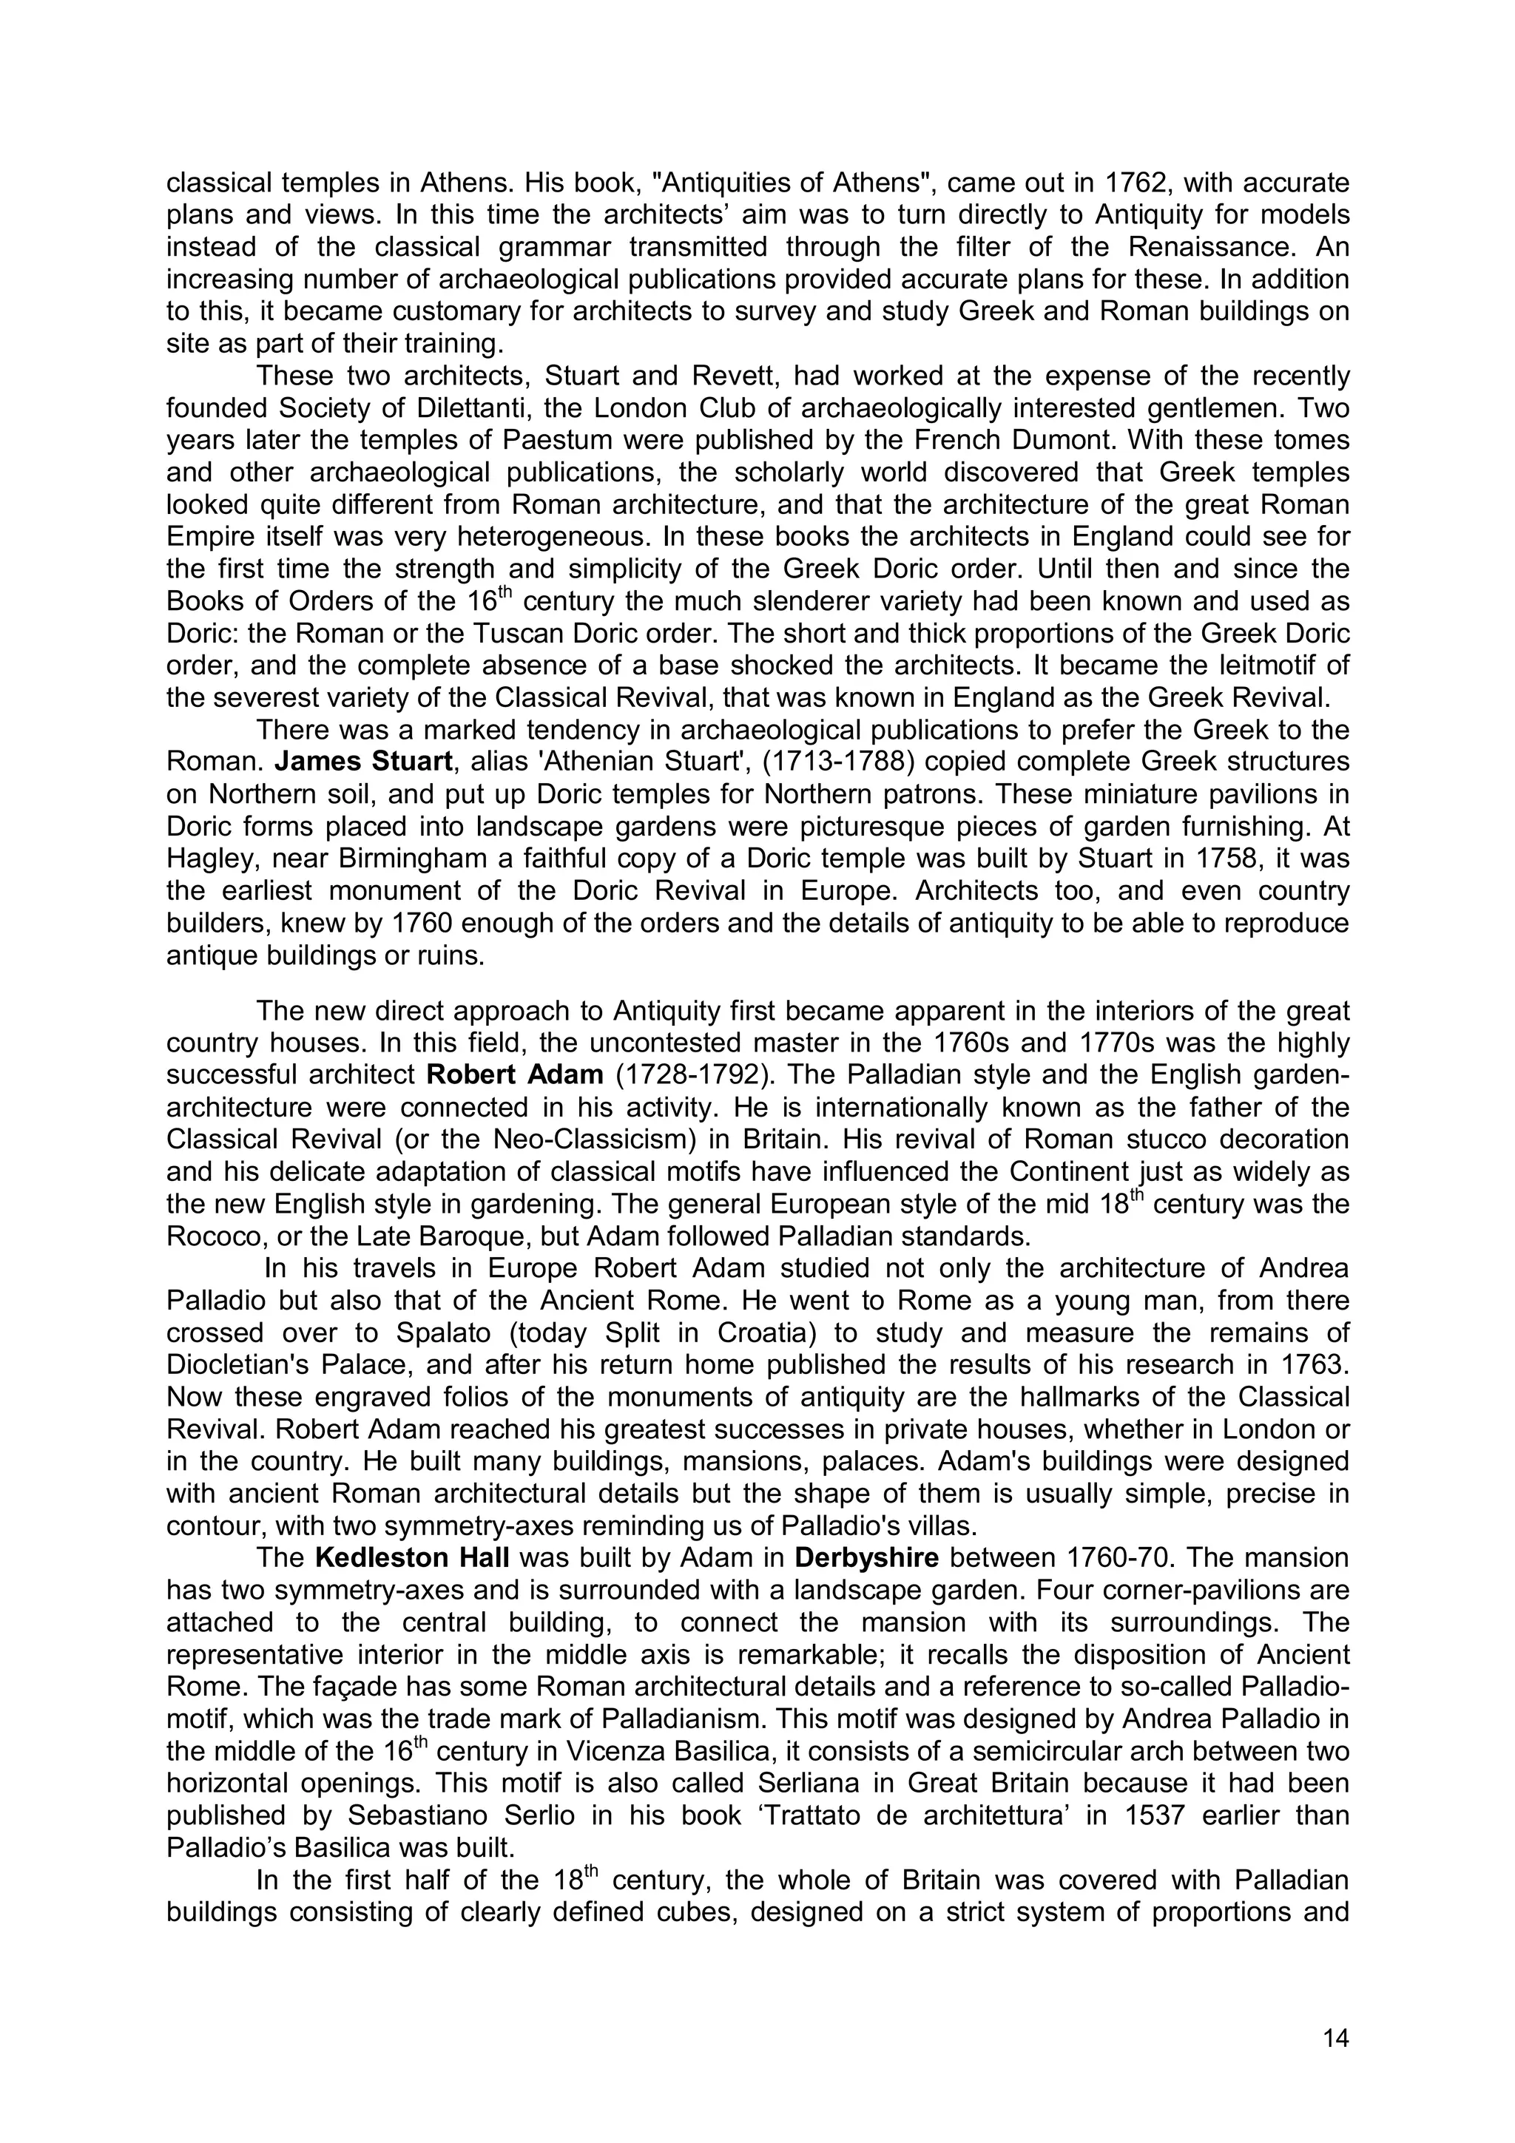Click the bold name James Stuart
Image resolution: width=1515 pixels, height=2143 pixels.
coord(363,762)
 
